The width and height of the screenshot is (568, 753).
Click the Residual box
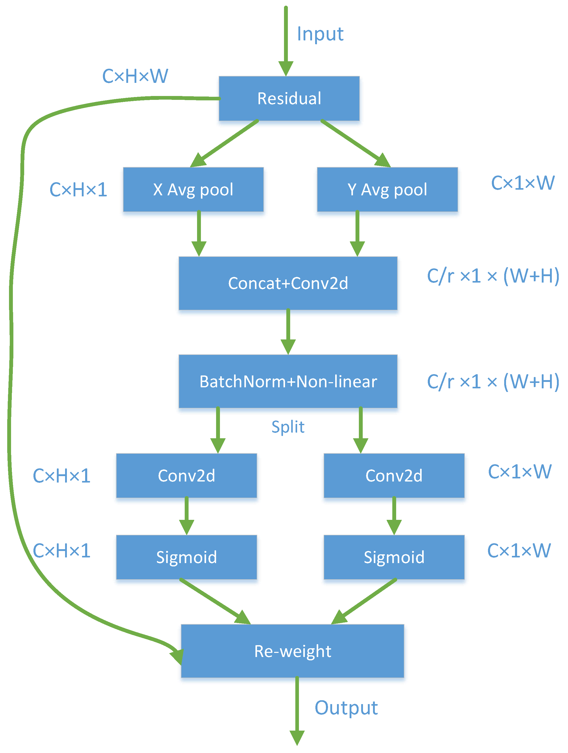[x=289, y=98]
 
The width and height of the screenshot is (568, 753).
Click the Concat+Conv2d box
[x=288, y=283]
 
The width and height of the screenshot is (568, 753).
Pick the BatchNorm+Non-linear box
[x=288, y=381]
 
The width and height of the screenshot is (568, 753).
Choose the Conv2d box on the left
[x=186, y=476]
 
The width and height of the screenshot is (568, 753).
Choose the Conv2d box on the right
[x=394, y=476]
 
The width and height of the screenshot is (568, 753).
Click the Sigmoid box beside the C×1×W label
[x=394, y=557]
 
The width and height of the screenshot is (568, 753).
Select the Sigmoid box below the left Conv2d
[x=186, y=557]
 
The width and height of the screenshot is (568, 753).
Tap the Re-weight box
[x=292, y=651]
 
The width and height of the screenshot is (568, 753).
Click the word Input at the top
[x=320, y=34]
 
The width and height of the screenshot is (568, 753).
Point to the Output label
[x=346, y=708]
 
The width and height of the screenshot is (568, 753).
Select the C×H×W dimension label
[x=135, y=76]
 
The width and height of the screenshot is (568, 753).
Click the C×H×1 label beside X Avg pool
[x=78, y=190]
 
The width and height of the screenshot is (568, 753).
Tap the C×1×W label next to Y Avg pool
[x=522, y=183]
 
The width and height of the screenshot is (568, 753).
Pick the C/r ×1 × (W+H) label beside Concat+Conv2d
[x=493, y=276]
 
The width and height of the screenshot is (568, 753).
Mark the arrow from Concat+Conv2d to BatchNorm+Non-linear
[x=288, y=332]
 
